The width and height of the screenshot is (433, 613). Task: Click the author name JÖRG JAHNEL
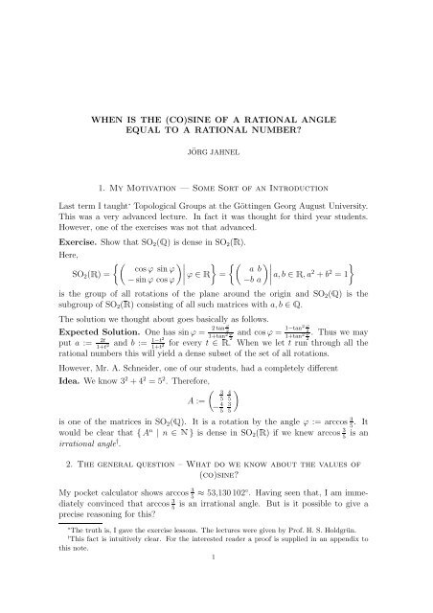[216, 151]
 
